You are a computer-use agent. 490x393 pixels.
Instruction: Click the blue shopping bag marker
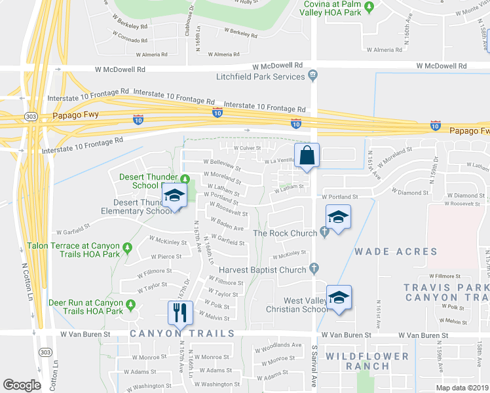(306, 156)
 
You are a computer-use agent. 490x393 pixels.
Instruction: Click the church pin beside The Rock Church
(324, 232)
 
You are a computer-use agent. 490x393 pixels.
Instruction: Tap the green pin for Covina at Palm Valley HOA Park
(369, 7)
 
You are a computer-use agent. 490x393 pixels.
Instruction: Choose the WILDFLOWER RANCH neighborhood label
(377, 361)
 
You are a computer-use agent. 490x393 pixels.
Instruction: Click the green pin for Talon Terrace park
(128, 247)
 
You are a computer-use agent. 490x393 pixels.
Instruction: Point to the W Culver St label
(246, 149)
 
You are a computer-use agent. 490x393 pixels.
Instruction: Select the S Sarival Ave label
(314, 371)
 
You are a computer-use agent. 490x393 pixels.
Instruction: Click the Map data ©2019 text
(462, 388)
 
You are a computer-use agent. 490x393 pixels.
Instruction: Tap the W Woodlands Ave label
(280, 345)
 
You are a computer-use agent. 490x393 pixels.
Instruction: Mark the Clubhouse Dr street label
(192, 18)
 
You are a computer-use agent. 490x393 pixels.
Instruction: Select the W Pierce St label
(166, 256)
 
